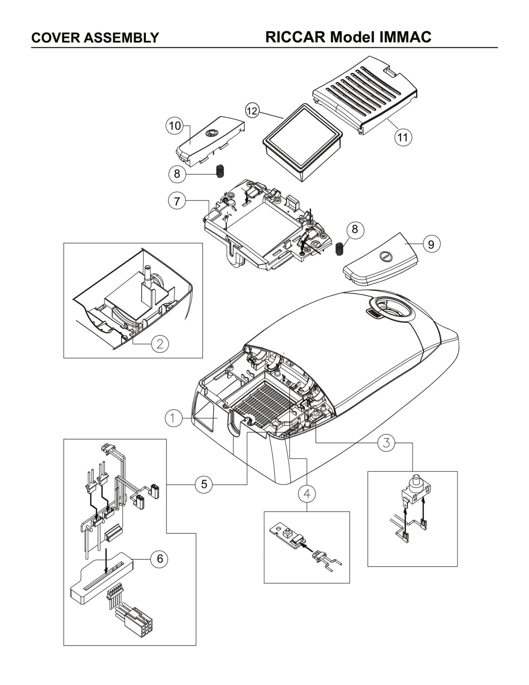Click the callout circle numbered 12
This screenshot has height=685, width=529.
coord(252,111)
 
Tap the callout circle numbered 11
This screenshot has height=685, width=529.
coord(403,137)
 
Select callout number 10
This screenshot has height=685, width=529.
coord(175,126)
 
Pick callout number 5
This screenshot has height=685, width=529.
coord(204,484)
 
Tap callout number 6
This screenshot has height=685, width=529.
coord(160,559)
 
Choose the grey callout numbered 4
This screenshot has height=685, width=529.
coord(307,494)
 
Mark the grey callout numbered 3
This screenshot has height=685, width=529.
coord(386,443)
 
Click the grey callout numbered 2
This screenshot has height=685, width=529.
coord(160,344)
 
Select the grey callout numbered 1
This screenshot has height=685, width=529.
coord(173,418)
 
